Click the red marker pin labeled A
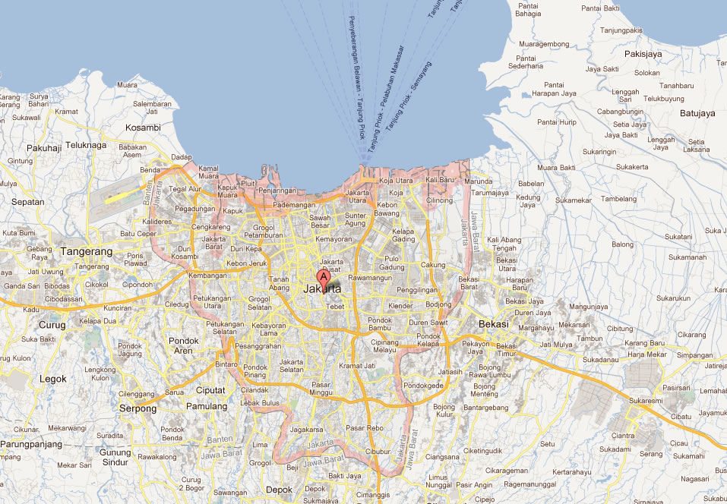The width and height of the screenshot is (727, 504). (323, 277)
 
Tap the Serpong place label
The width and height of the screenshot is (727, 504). (137, 408)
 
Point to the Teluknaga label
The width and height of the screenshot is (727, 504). (86, 144)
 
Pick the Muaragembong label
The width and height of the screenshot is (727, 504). (543, 44)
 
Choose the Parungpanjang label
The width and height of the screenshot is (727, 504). (31, 444)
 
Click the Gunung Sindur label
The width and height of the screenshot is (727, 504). (115, 457)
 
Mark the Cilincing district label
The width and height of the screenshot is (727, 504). (439, 200)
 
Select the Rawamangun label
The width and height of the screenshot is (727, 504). (370, 277)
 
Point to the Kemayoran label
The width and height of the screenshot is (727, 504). (334, 239)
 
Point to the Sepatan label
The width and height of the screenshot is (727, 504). (27, 202)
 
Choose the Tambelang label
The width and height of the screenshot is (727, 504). (618, 199)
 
